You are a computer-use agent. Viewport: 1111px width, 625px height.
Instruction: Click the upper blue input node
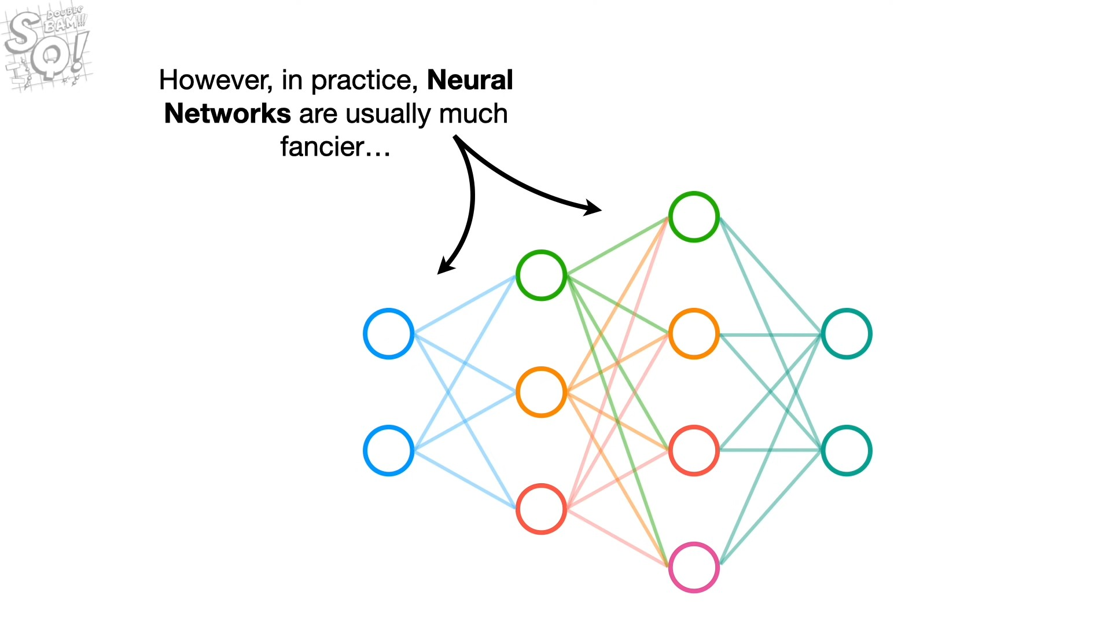(x=388, y=334)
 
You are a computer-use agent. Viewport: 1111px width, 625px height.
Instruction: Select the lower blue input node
(x=388, y=451)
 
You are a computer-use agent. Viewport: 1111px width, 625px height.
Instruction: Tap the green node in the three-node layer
(x=541, y=275)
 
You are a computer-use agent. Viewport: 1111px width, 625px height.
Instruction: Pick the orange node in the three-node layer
(x=541, y=392)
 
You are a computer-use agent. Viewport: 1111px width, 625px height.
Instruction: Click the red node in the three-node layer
(x=541, y=509)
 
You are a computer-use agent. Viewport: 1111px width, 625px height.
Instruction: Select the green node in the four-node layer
(x=694, y=217)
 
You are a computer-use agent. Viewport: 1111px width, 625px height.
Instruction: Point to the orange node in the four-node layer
(x=694, y=334)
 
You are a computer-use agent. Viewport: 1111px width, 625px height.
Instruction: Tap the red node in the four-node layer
(x=694, y=451)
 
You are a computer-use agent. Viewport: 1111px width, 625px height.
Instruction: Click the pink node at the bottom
(x=694, y=568)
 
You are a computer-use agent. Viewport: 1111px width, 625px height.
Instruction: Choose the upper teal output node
(x=847, y=334)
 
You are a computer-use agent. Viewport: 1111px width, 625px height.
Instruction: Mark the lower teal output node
(x=847, y=451)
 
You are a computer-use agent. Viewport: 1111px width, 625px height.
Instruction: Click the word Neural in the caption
(x=470, y=80)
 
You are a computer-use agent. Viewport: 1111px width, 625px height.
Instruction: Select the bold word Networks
(x=227, y=113)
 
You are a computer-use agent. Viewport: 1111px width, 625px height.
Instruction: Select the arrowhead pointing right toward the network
(x=593, y=208)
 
